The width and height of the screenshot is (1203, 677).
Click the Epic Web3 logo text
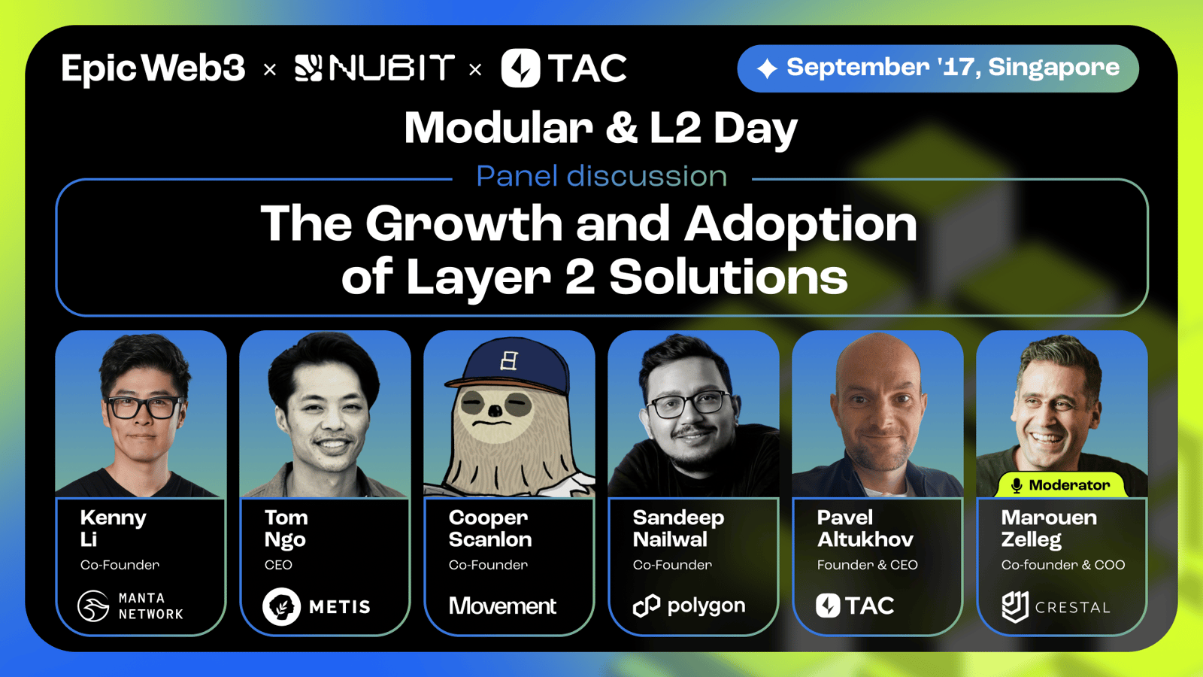click(153, 68)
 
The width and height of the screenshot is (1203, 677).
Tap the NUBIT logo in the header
click(374, 68)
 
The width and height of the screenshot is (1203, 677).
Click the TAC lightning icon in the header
click(520, 68)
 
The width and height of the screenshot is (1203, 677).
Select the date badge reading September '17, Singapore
click(938, 68)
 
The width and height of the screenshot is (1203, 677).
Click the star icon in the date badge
click(767, 68)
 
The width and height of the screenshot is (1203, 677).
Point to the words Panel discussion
click(601, 176)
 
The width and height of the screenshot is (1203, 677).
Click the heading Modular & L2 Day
click(601, 129)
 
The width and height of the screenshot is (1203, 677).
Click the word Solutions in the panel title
click(729, 277)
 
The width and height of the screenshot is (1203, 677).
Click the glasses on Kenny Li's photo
click(145, 407)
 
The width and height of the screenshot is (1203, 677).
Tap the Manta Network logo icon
click(93, 606)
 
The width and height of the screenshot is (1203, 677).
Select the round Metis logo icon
click(281, 606)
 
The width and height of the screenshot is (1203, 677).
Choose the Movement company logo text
click(502, 606)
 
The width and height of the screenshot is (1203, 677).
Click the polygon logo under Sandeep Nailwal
click(689, 606)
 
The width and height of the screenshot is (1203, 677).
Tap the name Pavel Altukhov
click(865, 528)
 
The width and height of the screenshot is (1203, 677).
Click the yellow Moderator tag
click(1060, 484)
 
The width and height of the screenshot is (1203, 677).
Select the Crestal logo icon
click(1015, 606)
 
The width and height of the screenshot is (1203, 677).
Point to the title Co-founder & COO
click(1063, 565)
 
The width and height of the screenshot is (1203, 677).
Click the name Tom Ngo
click(286, 528)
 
